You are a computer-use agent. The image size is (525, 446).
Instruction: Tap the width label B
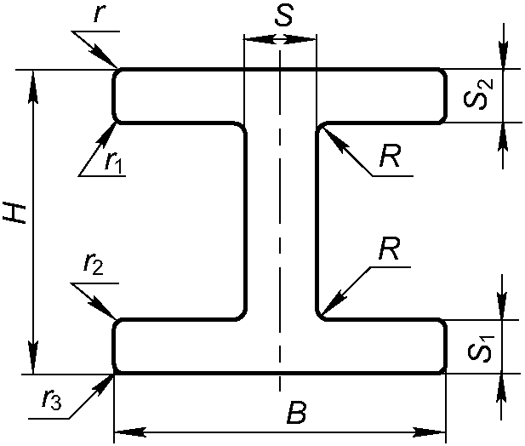pyautogui.click(x=295, y=415)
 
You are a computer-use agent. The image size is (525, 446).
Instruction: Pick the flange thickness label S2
pyautogui.click(x=478, y=95)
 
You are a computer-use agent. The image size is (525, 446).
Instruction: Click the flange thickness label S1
pyautogui.click(x=478, y=347)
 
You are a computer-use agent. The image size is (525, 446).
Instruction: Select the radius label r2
pyautogui.click(x=93, y=267)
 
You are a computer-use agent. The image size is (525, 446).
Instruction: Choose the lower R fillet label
pyautogui.click(x=391, y=252)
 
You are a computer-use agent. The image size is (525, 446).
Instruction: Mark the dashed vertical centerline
pyautogui.click(x=280, y=221)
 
